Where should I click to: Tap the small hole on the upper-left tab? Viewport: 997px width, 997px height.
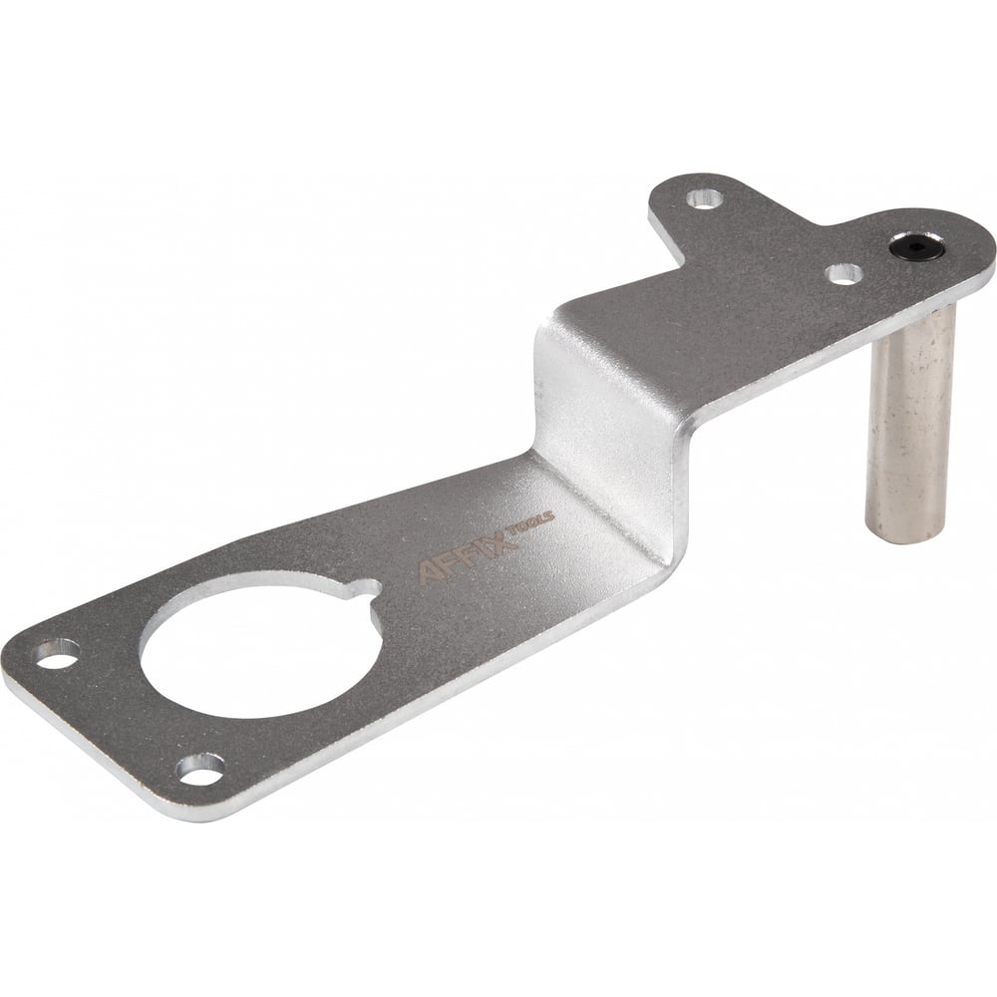(705, 196)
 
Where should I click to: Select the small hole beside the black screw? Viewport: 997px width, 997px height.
(844, 273)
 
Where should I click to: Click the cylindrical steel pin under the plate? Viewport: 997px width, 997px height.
(909, 425)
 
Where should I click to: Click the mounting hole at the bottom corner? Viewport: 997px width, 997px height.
(199, 770)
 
